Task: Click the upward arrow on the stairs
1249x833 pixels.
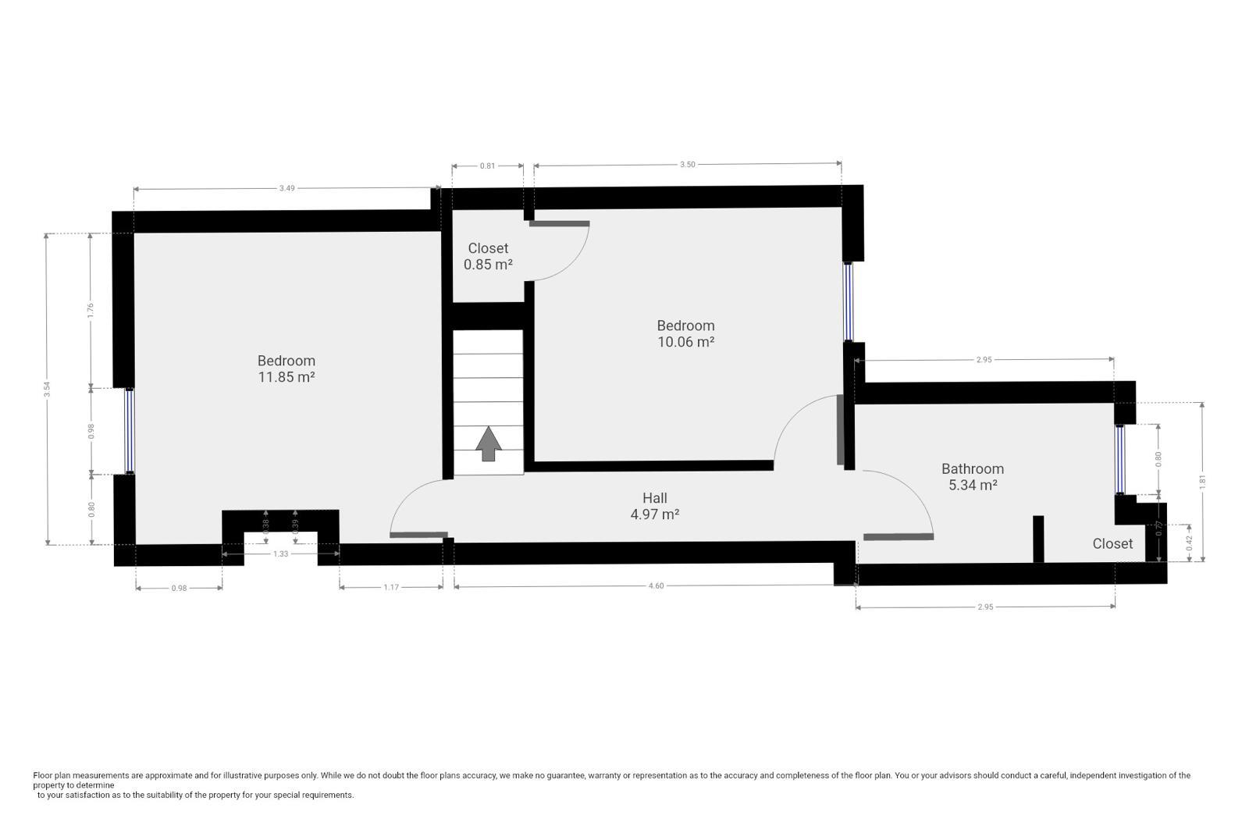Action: click(x=489, y=444)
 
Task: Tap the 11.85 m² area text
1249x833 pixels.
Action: click(x=286, y=377)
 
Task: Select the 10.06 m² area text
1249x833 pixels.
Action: click(x=685, y=342)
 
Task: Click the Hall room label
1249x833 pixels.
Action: click(x=654, y=498)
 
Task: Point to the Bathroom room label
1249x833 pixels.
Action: click(x=972, y=468)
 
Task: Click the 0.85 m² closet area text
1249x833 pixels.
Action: click(x=488, y=265)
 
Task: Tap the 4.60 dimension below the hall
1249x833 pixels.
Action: click(x=656, y=586)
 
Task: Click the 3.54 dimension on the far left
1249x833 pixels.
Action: click(x=48, y=389)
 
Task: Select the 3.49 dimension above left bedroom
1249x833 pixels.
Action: click(x=286, y=188)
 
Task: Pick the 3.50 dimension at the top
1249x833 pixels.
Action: click(x=687, y=165)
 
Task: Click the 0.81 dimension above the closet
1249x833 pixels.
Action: click(x=487, y=166)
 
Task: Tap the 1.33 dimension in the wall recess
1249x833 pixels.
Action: click(x=280, y=554)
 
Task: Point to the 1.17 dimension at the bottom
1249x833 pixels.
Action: click(x=391, y=587)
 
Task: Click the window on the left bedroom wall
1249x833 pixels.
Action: click(x=130, y=431)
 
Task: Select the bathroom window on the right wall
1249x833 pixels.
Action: click(x=1120, y=459)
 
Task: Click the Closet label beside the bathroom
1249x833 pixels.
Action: click(x=1112, y=543)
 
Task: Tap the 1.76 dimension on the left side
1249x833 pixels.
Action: click(x=91, y=311)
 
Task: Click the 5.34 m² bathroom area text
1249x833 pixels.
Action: click(x=972, y=485)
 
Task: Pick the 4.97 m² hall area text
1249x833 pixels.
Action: click(x=654, y=514)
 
